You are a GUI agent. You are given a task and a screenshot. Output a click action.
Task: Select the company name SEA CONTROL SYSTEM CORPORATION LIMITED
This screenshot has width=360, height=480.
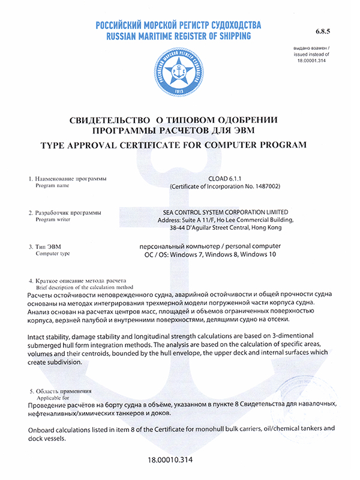[226, 212]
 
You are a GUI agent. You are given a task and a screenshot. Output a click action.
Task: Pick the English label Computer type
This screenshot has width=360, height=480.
[53, 254]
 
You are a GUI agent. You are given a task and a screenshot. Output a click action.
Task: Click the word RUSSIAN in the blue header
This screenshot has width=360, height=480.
[123, 37]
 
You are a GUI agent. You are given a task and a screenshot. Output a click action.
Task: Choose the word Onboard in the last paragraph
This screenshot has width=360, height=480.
[43, 430]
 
